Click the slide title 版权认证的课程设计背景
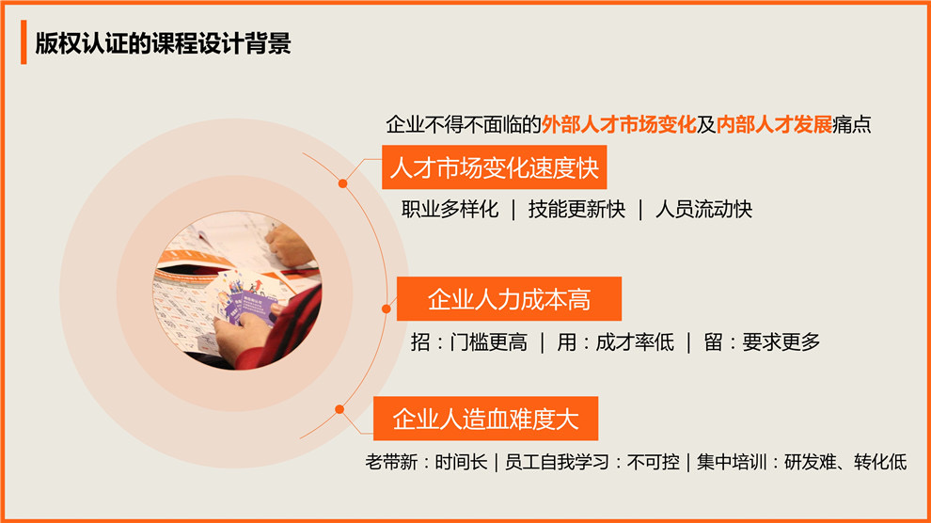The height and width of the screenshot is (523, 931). click(x=163, y=43)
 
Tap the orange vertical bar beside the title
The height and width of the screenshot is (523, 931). click(x=24, y=41)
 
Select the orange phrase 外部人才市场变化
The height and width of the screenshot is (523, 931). click(x=619, y=124)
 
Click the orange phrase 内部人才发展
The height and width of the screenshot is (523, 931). click(x=774, y=124)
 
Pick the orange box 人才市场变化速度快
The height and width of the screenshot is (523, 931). click(x=494, y=167)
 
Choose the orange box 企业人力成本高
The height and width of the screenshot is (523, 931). click(x=509, y=298)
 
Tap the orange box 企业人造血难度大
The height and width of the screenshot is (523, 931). click(x=485, y=419)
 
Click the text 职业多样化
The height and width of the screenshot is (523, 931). click(x=450, y=209)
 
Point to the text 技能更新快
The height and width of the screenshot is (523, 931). click(x=576, y=209)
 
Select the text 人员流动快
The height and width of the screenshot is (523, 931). click(x=703, y=209)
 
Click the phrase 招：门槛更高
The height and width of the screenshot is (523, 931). click(x=468, y=342)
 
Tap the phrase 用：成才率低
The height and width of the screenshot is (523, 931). click(x=615, y=342)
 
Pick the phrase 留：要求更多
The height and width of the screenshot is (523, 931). click(x=762, y=342)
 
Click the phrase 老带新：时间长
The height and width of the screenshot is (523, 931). click(x=426, y=462)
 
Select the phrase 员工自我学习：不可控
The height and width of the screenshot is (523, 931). click(x=592, y=462)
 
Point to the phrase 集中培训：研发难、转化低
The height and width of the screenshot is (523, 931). click(x=801, y=462)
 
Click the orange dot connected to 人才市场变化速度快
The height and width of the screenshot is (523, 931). click(x=342, y=183)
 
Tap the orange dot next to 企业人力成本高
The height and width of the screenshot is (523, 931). click(x=386, y=309)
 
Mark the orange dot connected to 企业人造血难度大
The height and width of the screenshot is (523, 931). click(x=339, y=409)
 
